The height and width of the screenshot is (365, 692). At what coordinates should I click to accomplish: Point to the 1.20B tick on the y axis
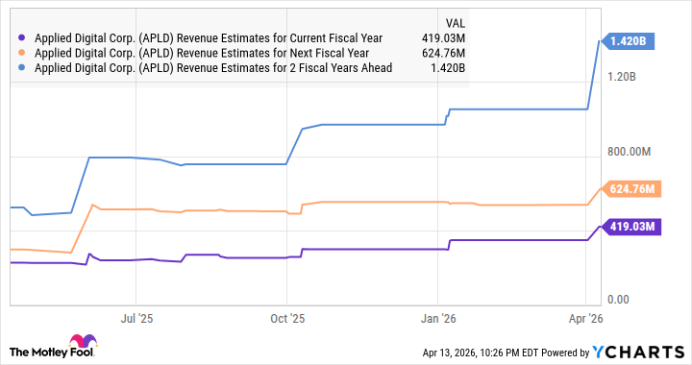(636, 77)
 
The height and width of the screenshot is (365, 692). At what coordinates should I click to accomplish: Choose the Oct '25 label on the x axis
(286, 317)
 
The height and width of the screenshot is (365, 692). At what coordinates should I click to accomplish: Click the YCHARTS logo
(643, 352)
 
